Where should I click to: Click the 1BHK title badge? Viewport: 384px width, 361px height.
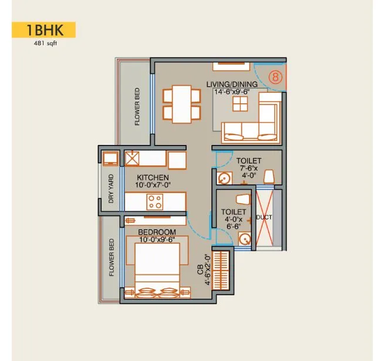(43, 30)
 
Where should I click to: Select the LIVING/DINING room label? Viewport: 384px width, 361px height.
(232, 84)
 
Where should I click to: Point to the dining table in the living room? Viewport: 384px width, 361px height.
(181, 104)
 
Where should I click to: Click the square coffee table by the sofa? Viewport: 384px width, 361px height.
(240, 104)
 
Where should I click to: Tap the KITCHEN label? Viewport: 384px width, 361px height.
(153, 177)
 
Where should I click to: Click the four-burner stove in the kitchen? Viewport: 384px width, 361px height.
(155, 201)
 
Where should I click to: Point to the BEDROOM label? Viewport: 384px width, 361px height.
(157, 232)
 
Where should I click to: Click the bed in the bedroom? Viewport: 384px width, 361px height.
(157, 268)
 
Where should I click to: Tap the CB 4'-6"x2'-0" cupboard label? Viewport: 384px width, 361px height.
(203, 269)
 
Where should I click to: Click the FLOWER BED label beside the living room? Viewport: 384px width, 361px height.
(137, 107)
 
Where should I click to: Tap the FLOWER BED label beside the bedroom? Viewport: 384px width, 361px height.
(112, 257)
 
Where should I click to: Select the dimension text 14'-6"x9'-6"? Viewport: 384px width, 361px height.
(232, 92)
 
